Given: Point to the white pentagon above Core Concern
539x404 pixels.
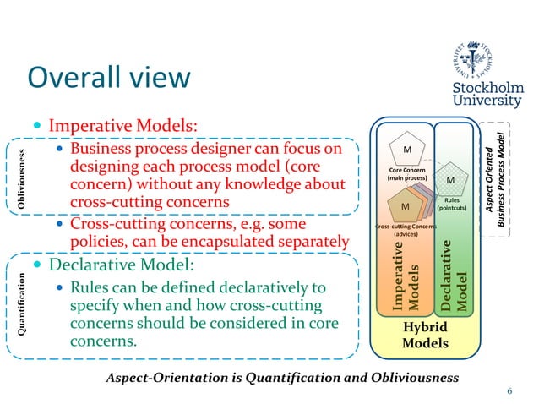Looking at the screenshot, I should tap(406, 151).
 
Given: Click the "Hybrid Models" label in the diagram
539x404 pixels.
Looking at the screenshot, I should tap(425, 336).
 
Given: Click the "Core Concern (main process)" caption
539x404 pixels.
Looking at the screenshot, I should tap(406, 174).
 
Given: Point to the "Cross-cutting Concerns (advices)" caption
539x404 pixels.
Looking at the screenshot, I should tap(406, 230).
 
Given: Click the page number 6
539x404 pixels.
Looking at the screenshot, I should tap(509, 390).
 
